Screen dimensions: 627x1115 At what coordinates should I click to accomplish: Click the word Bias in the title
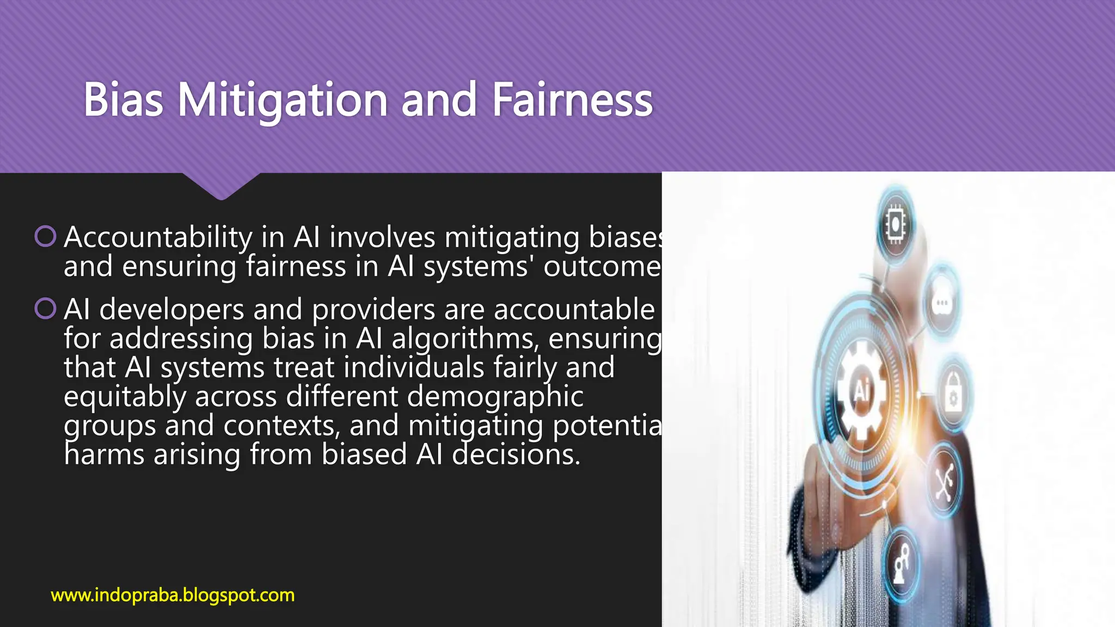pos(123,100)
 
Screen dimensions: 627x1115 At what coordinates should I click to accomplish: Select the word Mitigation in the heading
pos(283,100)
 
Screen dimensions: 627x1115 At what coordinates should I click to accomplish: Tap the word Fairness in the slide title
pos(572,100)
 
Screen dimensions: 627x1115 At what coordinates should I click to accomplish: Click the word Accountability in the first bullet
pos(158,238)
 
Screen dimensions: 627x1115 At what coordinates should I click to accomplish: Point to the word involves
pos(382,238)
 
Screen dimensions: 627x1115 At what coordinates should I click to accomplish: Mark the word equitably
pos(125,397)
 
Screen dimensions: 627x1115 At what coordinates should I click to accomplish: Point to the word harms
pos(103,454)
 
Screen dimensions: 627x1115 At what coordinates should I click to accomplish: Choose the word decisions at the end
pos(516,454)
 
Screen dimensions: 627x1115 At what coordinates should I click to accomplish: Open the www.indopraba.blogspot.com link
pos(173,595)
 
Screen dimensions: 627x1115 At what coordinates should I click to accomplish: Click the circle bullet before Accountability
pos(45,236)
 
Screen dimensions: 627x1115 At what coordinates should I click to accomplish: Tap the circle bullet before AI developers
pos(45,309)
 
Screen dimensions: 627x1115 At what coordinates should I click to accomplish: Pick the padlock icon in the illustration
pos(953,396)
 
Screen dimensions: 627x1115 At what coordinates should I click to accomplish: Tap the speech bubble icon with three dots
pos(942,303)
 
